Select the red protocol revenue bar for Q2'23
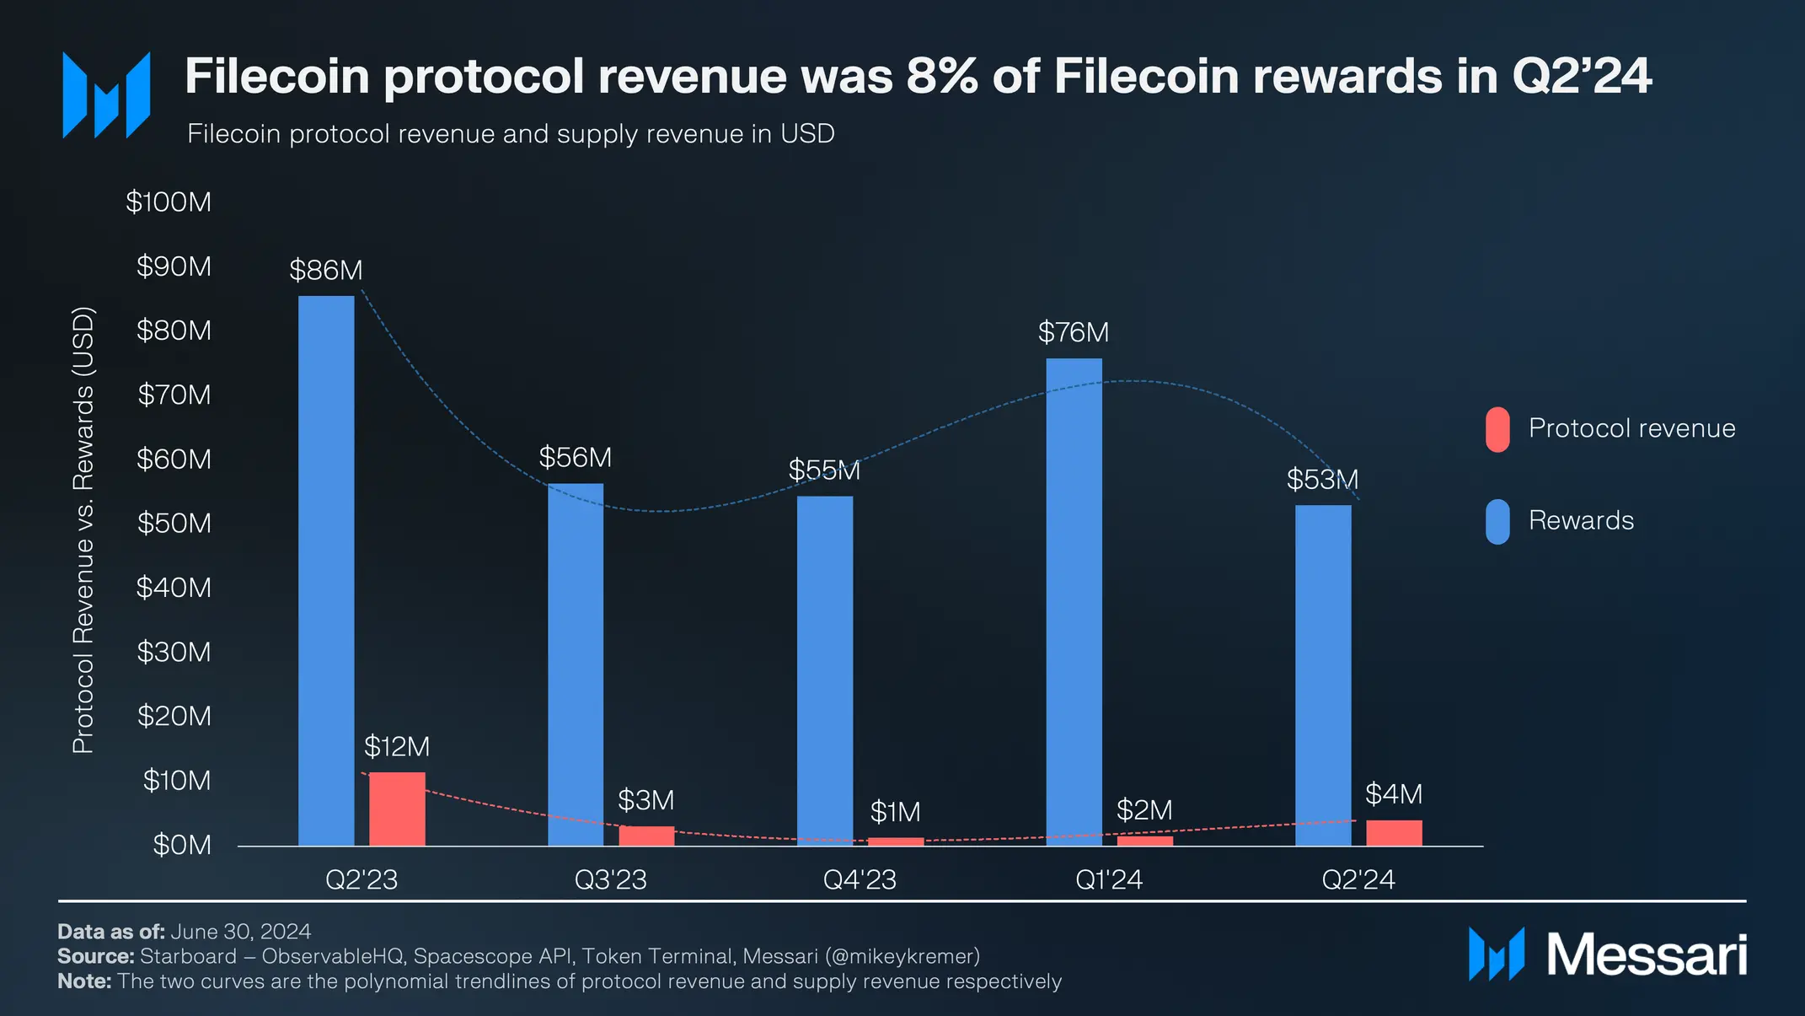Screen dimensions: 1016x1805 [x=397, y=809]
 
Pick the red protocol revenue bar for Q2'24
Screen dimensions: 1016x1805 [x=1394, y=833]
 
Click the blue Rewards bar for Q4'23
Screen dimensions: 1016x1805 [x=824, y=670]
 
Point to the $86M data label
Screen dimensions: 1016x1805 [x=325, y=271]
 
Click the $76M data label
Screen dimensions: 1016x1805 [x=1073, y=332]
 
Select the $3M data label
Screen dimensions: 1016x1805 [x=645, y=800]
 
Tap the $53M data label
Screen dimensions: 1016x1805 [x=1321, y=480]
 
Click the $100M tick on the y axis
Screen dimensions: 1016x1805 [x=169, y=202]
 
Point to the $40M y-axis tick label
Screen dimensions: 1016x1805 [x=174, y=588]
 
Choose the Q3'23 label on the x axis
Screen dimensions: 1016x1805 [x=610, y=879]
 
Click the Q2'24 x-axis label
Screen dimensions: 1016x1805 [x=1358, y=879]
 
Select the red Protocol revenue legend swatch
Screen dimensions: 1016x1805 [x=1497, y=430]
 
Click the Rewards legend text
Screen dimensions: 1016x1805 [x=1581, y=521]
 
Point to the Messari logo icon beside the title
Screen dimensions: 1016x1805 [x=106, y=94]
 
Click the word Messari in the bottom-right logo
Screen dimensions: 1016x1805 [x=1646, y=955]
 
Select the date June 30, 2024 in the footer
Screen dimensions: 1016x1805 [x=240, y=932]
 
